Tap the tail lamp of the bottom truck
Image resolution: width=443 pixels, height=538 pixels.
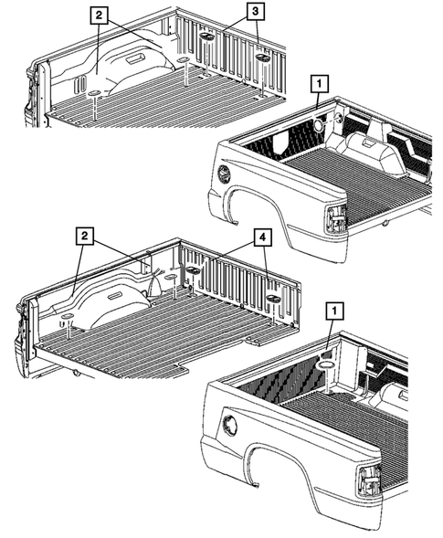369,480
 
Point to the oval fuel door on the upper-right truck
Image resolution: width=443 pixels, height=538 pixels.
225,174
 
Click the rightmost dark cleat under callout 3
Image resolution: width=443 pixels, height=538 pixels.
262,58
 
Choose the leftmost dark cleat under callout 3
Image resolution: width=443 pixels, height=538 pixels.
207,37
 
